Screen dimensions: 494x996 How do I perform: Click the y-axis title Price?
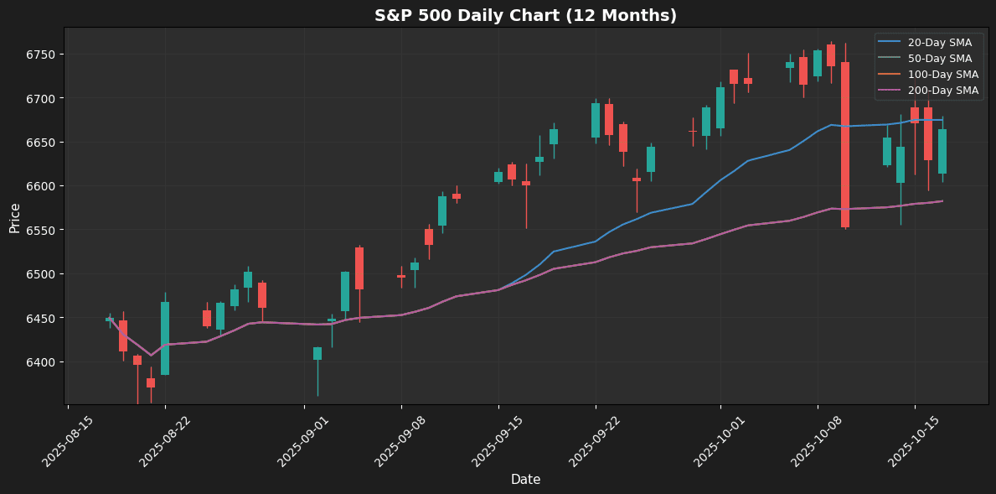click(15, 216)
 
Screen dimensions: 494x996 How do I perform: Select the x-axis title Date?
click(525, 480)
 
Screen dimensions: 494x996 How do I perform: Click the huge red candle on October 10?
click(845, 144)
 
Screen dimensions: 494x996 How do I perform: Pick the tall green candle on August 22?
click(165, 338)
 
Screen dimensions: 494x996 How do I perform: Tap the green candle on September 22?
click(596, 120)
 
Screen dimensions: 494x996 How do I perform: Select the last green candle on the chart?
click(942, 151)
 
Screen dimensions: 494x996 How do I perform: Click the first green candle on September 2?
click(317, 353)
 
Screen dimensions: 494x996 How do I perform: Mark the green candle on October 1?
click(720, 107)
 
